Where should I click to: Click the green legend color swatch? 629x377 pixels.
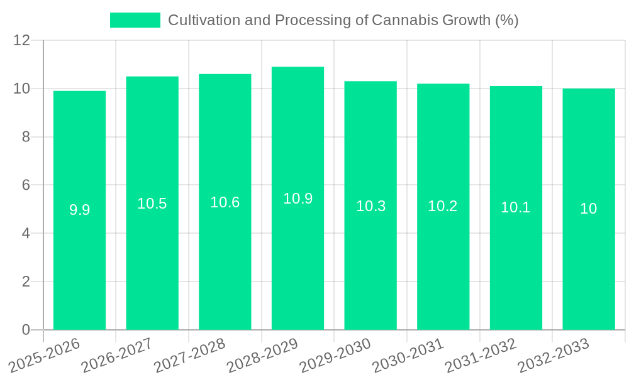(135, 20)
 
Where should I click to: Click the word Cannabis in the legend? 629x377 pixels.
(399, 20)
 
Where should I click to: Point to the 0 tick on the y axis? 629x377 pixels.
(26, 330)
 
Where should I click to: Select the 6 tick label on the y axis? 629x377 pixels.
(26, 185)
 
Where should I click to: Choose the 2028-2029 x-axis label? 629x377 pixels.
(263, 354)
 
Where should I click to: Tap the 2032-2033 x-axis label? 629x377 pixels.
(554, 354)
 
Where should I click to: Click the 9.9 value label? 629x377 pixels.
(79, 210)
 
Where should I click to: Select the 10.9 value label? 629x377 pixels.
(298, 199)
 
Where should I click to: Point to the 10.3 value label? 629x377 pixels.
(370, 206)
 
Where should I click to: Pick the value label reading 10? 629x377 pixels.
(588, 209)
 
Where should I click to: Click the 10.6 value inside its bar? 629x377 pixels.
(225, 202)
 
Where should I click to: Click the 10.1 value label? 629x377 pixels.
(515, 207)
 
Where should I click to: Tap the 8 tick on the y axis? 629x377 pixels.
(26, 137)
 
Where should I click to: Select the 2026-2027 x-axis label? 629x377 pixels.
(118, 354)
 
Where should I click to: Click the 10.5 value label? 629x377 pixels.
(152, 204)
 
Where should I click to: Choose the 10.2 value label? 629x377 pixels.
(443, 206)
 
